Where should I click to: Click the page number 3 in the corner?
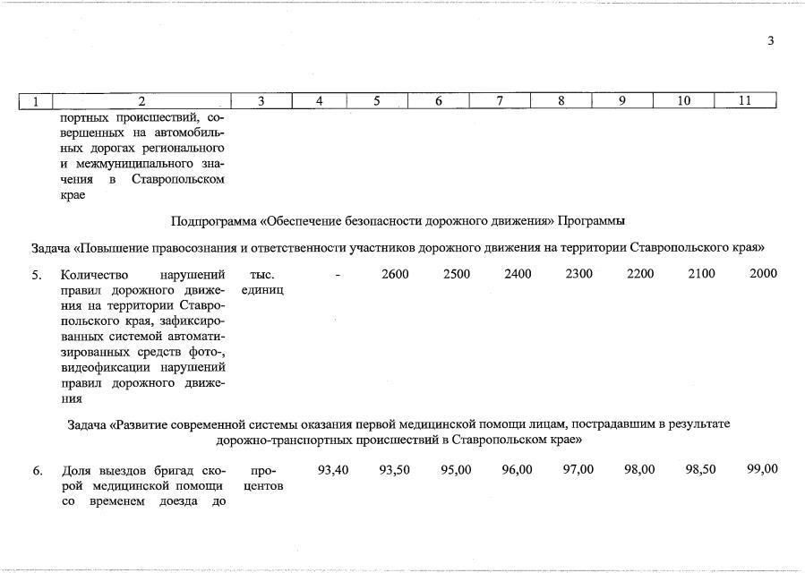click(x=770, y=40)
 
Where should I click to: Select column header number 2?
click(x=141, y=101)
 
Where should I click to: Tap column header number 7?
click(x=500, y=101)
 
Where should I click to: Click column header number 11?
click(x=744, y=101)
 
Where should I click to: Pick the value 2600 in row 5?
click(x=395, y=274)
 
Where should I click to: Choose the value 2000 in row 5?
click(x=763, y=274)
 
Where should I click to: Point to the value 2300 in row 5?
click(x=579, y=274)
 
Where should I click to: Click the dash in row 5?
click(x=338, y=274)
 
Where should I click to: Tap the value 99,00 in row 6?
click(x=763, y=469)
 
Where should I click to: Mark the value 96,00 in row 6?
click(x=518, y=469)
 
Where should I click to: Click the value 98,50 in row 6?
click(x=701, y=469)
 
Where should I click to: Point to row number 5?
click(x=37, y=275)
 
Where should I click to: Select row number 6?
click(x=37, y=470)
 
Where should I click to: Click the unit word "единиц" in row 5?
click(x=263, y=291)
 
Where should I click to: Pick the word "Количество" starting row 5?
click(x=95, y=275)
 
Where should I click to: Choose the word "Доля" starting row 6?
click(x=77, y=470)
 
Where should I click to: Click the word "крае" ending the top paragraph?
click(x=73, y=196)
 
